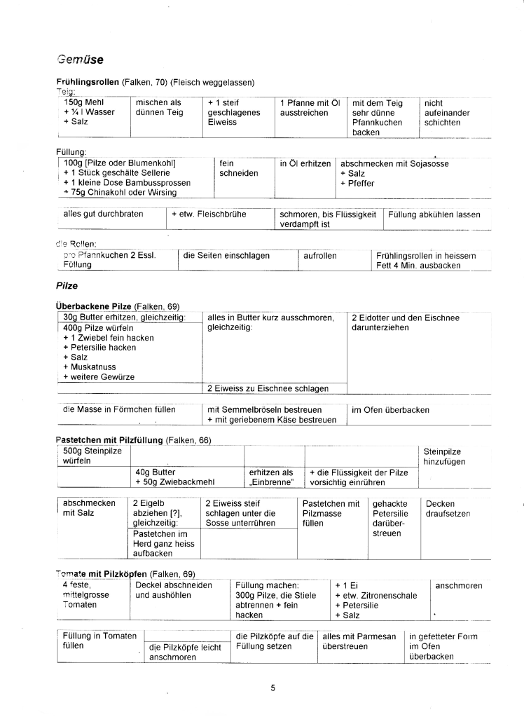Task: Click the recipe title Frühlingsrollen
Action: tap(88, 83)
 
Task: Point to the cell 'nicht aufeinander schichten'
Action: tap(447, 112)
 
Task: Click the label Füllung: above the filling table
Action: tap(71, 151)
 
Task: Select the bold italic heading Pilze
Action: tap(67, 286)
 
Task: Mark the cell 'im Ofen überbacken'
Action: tap(390, 410)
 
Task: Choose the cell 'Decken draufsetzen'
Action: tap(447, 509)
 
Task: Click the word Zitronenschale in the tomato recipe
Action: tap(387, 595)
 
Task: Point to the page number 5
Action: tap(273, 687)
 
